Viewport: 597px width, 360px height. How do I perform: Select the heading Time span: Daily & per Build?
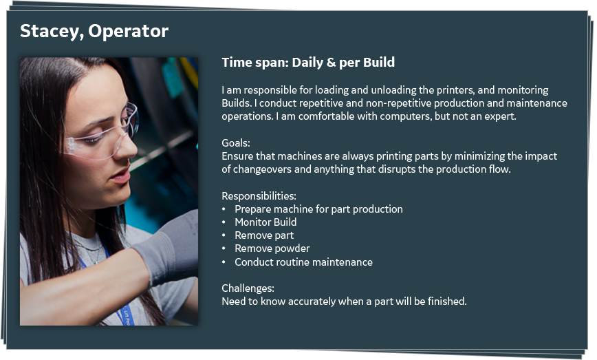pyautogui.click(x=308, y=63)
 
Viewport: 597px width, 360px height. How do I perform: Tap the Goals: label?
pyautogui.click(x=236, y=143)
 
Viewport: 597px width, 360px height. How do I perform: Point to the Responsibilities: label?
pyautogui.click(x=259, y=196)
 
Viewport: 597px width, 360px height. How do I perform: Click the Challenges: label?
pyautogui.click(x=248, y=288)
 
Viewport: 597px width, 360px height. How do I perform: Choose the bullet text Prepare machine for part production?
pyautogui.click(x=318, y=209)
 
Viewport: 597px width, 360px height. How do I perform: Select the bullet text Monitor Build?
pyautogui.click(x=265, y=222)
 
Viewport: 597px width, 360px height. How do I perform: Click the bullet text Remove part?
pyautogui.click(x=264, y=235)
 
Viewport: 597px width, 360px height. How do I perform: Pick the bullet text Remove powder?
pyautogui.click(x=272, y=248)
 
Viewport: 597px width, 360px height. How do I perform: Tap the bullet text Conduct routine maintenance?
pyautogui.click(x=303, y=262)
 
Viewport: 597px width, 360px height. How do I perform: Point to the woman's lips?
pyautogui.click(x=121, y=176)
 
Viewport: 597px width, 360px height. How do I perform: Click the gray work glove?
pyautogui.click(x=168, y=248)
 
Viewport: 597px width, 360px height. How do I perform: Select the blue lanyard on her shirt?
pyautogui.click(x=114, y=290)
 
